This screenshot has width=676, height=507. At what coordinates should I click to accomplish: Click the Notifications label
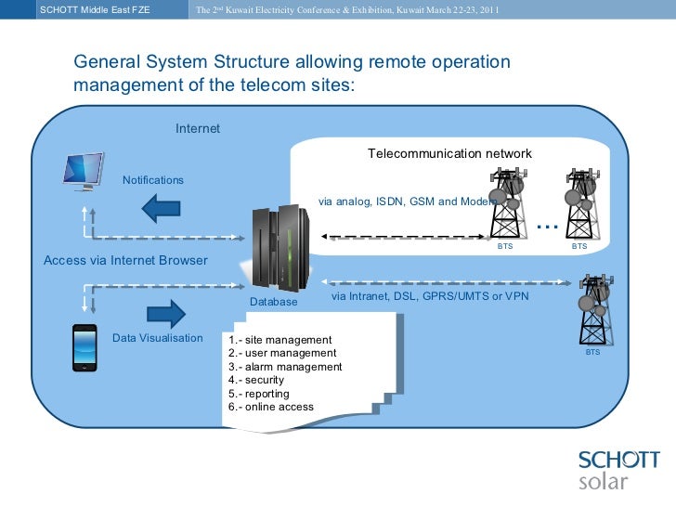153,180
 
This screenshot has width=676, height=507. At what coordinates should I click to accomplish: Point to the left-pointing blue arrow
166,208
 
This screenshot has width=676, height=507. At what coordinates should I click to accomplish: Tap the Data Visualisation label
157,338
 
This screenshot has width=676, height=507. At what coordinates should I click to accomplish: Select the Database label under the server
273,302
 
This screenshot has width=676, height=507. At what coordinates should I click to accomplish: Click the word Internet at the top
198,128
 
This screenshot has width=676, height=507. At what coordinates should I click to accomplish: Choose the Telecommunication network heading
449,153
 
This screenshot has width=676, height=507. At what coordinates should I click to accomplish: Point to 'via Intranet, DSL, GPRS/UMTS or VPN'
430,297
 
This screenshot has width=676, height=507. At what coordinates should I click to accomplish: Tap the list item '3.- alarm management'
284,367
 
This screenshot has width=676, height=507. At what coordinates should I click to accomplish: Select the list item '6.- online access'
270,407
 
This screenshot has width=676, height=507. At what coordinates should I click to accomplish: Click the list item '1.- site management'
279,340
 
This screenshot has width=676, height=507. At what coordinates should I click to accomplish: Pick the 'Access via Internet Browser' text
125,260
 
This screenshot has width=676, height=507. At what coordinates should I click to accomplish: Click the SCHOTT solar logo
618,469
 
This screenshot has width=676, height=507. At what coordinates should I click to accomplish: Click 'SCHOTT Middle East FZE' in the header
95,10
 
